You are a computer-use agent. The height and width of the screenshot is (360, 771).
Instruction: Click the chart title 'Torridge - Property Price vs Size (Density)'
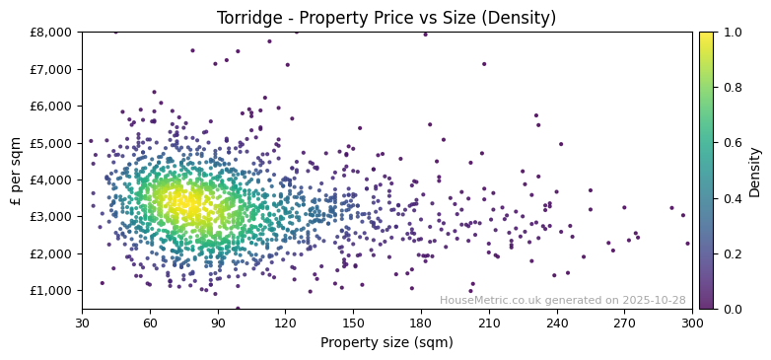(x=385, y=18)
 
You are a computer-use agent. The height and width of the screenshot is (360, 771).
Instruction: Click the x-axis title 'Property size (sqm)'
(x=386, y=343)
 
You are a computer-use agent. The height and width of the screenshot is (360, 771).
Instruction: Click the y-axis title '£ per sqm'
(x=16, y=170)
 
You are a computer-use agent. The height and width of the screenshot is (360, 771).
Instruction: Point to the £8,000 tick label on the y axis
(x=51, y=33)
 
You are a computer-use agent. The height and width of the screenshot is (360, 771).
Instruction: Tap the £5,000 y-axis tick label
(x=51, y=143)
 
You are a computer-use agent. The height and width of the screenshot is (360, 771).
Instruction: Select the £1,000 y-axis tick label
(x=51, y=290)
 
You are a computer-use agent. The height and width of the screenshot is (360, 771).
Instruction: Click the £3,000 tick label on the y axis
(x=51, y=217)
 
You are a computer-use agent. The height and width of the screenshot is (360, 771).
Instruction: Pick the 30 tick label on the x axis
(x=82, y=322)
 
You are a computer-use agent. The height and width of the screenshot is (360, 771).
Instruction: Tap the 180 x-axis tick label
(x=421, y=322)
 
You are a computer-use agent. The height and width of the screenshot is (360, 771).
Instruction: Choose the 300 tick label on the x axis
(x=692, y=322)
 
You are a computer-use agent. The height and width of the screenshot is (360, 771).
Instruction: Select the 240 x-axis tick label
(x=557, y=322)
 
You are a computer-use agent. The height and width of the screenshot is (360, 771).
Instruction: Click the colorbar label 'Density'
(x=754, y=170)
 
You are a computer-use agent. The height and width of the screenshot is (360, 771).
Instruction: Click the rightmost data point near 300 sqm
(x=687, y=244)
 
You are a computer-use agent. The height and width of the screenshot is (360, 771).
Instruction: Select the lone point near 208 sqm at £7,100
(x=484, y=64)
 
